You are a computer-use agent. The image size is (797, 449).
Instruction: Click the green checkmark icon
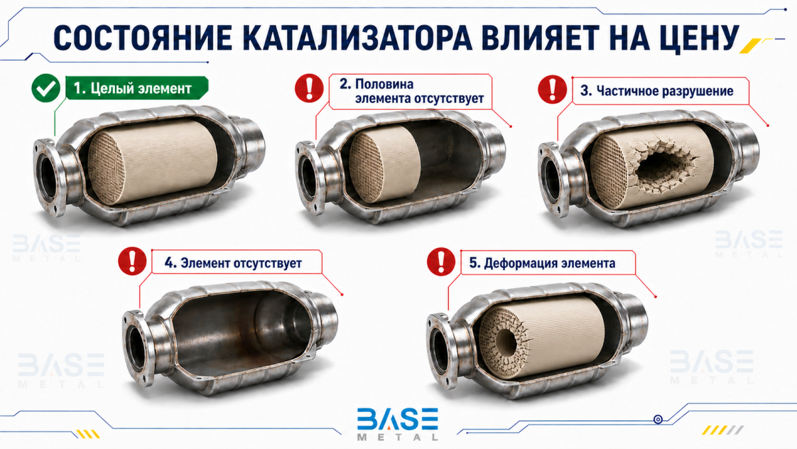[46, 88]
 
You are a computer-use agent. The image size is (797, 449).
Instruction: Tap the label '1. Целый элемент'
[133, 88]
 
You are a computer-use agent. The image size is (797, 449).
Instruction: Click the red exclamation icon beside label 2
[310, 88]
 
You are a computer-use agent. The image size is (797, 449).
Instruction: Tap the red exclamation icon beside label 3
[552, 89]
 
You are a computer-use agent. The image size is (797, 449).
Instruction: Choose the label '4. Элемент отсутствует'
[233, 263]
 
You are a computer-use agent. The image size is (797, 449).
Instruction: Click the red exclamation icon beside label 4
[132, 261]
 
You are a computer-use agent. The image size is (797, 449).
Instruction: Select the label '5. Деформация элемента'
[542, 263]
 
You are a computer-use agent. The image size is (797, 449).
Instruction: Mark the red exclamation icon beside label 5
[441, 261]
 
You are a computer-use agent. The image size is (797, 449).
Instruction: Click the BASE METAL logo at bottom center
[398, 424]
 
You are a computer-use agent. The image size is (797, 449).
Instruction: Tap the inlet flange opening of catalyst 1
[47, 177]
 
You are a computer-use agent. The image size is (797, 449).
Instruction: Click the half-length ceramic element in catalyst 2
[385, 163]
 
